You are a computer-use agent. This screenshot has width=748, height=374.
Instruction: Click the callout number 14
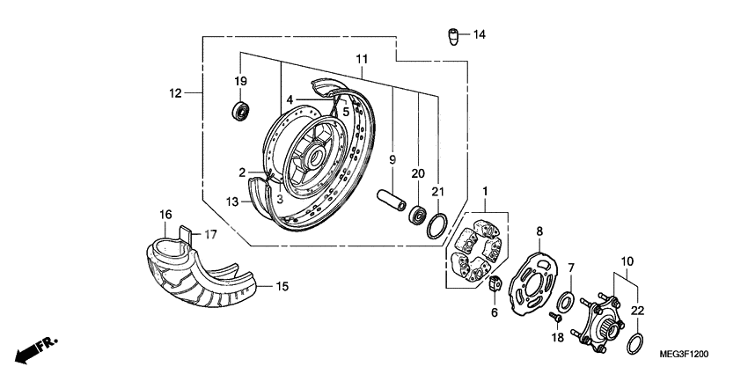(x=479, y=35)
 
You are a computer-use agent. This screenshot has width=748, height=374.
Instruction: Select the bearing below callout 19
(x=241, y=111)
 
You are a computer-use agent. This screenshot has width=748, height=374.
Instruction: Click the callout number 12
(x=175, y=92)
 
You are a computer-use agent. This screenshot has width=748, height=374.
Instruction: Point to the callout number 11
(x=361, y=59)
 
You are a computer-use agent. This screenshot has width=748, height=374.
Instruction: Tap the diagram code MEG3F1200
(x=684, y=354)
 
